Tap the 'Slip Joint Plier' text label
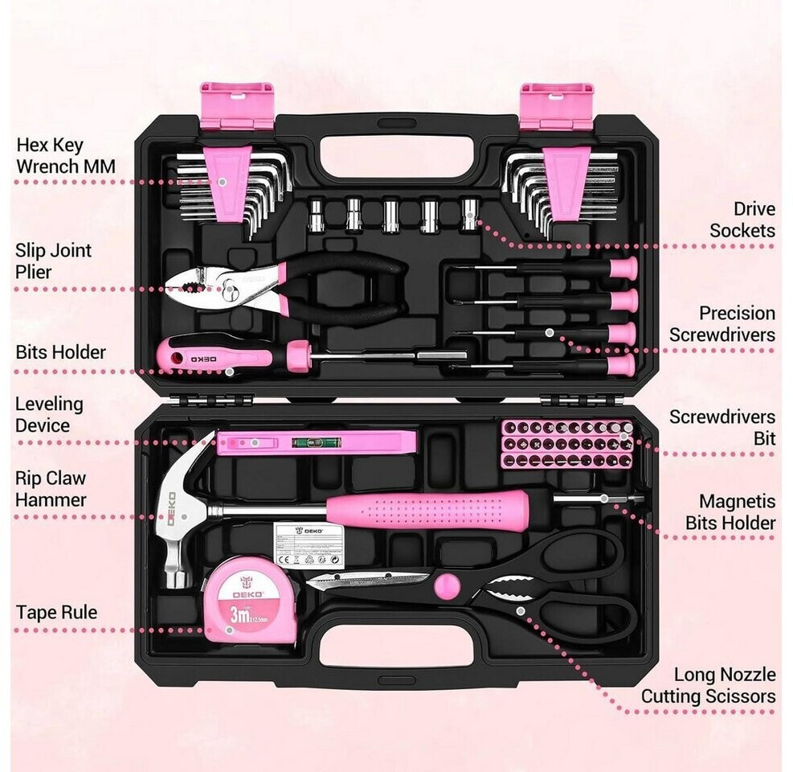53,261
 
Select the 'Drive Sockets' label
742,220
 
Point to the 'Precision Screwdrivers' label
723,323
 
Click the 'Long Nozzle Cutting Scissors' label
709,685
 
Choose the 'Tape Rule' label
56,612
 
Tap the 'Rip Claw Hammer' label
51,488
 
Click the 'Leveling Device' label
49,414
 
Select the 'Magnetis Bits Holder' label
730,512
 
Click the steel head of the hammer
182,507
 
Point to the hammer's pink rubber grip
426,510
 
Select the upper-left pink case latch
236,105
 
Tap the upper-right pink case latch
556,105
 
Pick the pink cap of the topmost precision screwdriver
623,268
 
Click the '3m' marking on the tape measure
238,615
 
